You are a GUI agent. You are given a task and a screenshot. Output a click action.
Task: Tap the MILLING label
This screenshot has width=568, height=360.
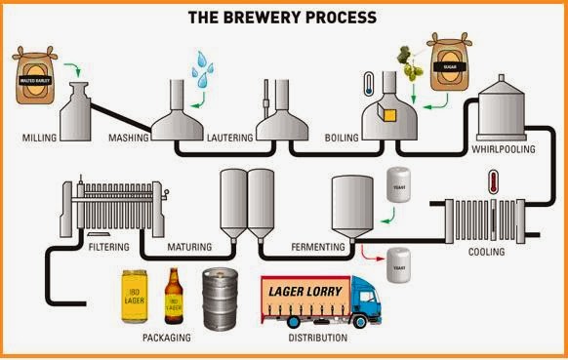pyautogui.click(x=39, y=139)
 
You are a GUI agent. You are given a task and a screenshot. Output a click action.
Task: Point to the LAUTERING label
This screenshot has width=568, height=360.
pyautogui.click(x=230, y=139)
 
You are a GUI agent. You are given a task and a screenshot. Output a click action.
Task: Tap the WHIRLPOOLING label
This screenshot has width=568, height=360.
pyautogui.click(x=504, y=152)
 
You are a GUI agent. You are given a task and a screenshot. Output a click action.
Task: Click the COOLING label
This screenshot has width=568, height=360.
pyautogui.click(x=486, y=252)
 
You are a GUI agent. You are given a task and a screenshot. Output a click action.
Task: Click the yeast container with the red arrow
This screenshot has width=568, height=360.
pyautogui.click(x=396, y=266)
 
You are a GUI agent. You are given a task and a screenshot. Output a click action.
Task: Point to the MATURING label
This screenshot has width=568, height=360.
pyautogui.click(x=189, y=248)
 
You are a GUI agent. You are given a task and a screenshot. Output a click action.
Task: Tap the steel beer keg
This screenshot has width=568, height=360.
pyautogui.click(x=221, y=300)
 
